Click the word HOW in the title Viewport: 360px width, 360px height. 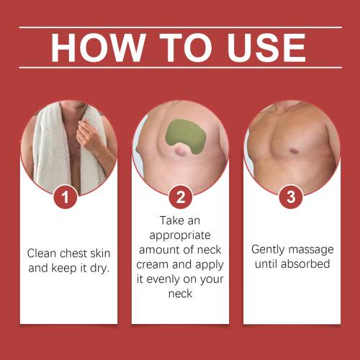(x=98, y=48)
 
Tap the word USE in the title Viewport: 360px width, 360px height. (x=266, y=48)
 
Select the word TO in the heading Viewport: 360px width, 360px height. (x=186, y=48)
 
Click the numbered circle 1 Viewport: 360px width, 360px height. (x=66, y=197)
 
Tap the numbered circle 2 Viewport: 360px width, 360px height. (x=181, y=197)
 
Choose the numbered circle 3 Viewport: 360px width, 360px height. (x=291, y=197)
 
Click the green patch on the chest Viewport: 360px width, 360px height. (x=186, y=136)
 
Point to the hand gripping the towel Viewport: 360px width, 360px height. (x=88, y=135)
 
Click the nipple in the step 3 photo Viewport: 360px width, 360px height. (x=293, y=151)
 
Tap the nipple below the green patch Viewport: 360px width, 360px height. (x=179, y=150)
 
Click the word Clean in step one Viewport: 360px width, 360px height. (x=42, y=253)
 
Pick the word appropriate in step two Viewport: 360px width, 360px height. (x=180, y=236)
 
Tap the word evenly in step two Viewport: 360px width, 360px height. (x=163, y=279)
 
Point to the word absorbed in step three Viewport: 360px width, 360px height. (x=305, y=264)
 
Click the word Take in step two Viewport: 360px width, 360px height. (x=171, y=221)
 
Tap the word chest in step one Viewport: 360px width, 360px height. (x=73, y=253)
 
